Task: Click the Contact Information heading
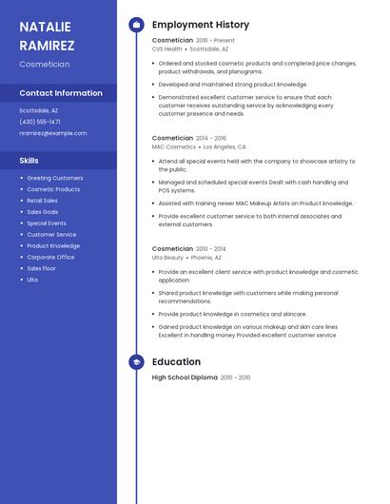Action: [x=61, y=93]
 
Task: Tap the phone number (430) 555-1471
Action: [x=40, y=122]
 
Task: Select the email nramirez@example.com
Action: [x=53, y=133]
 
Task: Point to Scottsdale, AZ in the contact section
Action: [x=38, y=110]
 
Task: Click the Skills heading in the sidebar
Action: [x=29, y=161]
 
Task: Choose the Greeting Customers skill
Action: [x=55, y=178]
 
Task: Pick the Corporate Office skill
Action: [x=50, y=257]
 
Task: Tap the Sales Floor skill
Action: [x=42, y=268]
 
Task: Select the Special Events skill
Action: [x=47, y=223]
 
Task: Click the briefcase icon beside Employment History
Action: [x=136, y=25]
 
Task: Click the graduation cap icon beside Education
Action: [x=136, y=362]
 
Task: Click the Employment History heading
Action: [x=201, y=25]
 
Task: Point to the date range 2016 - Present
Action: [x=215, y=41]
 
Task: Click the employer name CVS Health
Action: [x=167, y=49]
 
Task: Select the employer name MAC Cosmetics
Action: [x=174, y=147]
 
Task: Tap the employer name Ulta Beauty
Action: [x=168, y=258]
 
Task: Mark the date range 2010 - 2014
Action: [x=211, y=249]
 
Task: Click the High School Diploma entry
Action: [x=185, y=378]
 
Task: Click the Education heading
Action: [x=176, y=362]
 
